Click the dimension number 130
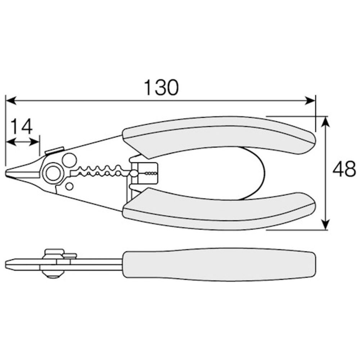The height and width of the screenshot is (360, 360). pyautogui.click(x=161, y=87)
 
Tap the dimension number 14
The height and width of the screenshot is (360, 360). pyautogui.click(x=22, y=126)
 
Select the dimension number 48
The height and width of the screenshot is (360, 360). pyautogui.click(x=344, y=169)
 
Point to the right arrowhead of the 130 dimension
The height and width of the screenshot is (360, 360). pyautogui.click(x=310, y=100)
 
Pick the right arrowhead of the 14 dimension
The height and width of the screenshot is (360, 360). pyautogui.click(x=35, y=142)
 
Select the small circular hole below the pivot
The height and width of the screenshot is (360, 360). pyautogui.click(x=69, y=186)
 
